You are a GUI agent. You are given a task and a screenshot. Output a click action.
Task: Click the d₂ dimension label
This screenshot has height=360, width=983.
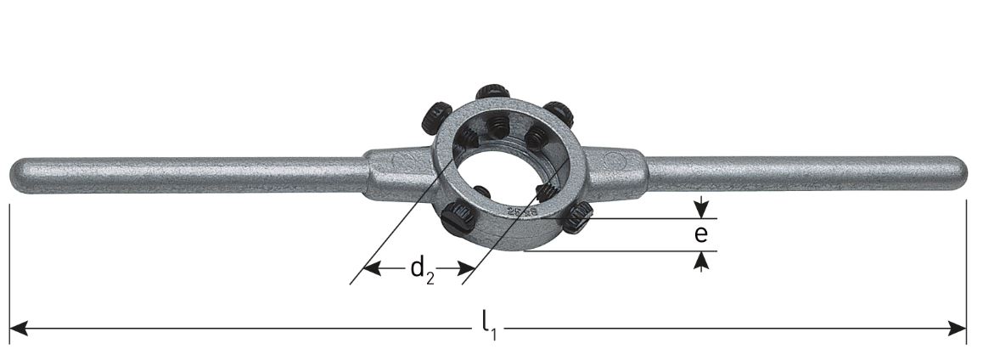click(422, 270)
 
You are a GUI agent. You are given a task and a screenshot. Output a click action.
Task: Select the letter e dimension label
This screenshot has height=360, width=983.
click(700, 234)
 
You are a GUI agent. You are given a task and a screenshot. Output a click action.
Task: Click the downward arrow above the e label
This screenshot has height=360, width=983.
click(700, 209)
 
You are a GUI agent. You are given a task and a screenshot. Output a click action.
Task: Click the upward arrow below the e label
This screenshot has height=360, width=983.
click(700, 261)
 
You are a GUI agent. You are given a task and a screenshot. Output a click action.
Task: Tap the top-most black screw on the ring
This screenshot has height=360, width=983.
click(491, 91)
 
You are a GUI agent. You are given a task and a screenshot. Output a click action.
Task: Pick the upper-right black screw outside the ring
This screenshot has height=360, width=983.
click(559, 113)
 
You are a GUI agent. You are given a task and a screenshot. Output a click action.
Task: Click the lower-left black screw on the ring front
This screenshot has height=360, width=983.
click(459, 217)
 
